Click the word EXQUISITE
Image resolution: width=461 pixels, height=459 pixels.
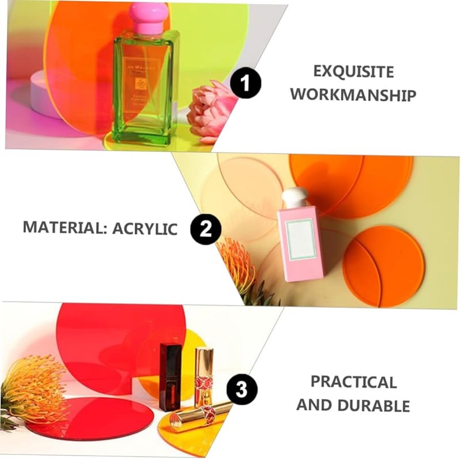tap(353, 72)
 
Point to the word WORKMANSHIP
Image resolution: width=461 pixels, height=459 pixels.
tap(353, 95)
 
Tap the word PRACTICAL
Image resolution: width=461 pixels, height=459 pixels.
tap(353, 382)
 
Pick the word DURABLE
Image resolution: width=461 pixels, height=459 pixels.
tap(376, 405)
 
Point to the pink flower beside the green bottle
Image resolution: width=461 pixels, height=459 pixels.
tap(211, 111)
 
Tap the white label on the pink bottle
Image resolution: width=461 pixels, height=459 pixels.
tap(301, 239)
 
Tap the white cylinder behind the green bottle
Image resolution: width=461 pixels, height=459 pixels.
tap(44, 92)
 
